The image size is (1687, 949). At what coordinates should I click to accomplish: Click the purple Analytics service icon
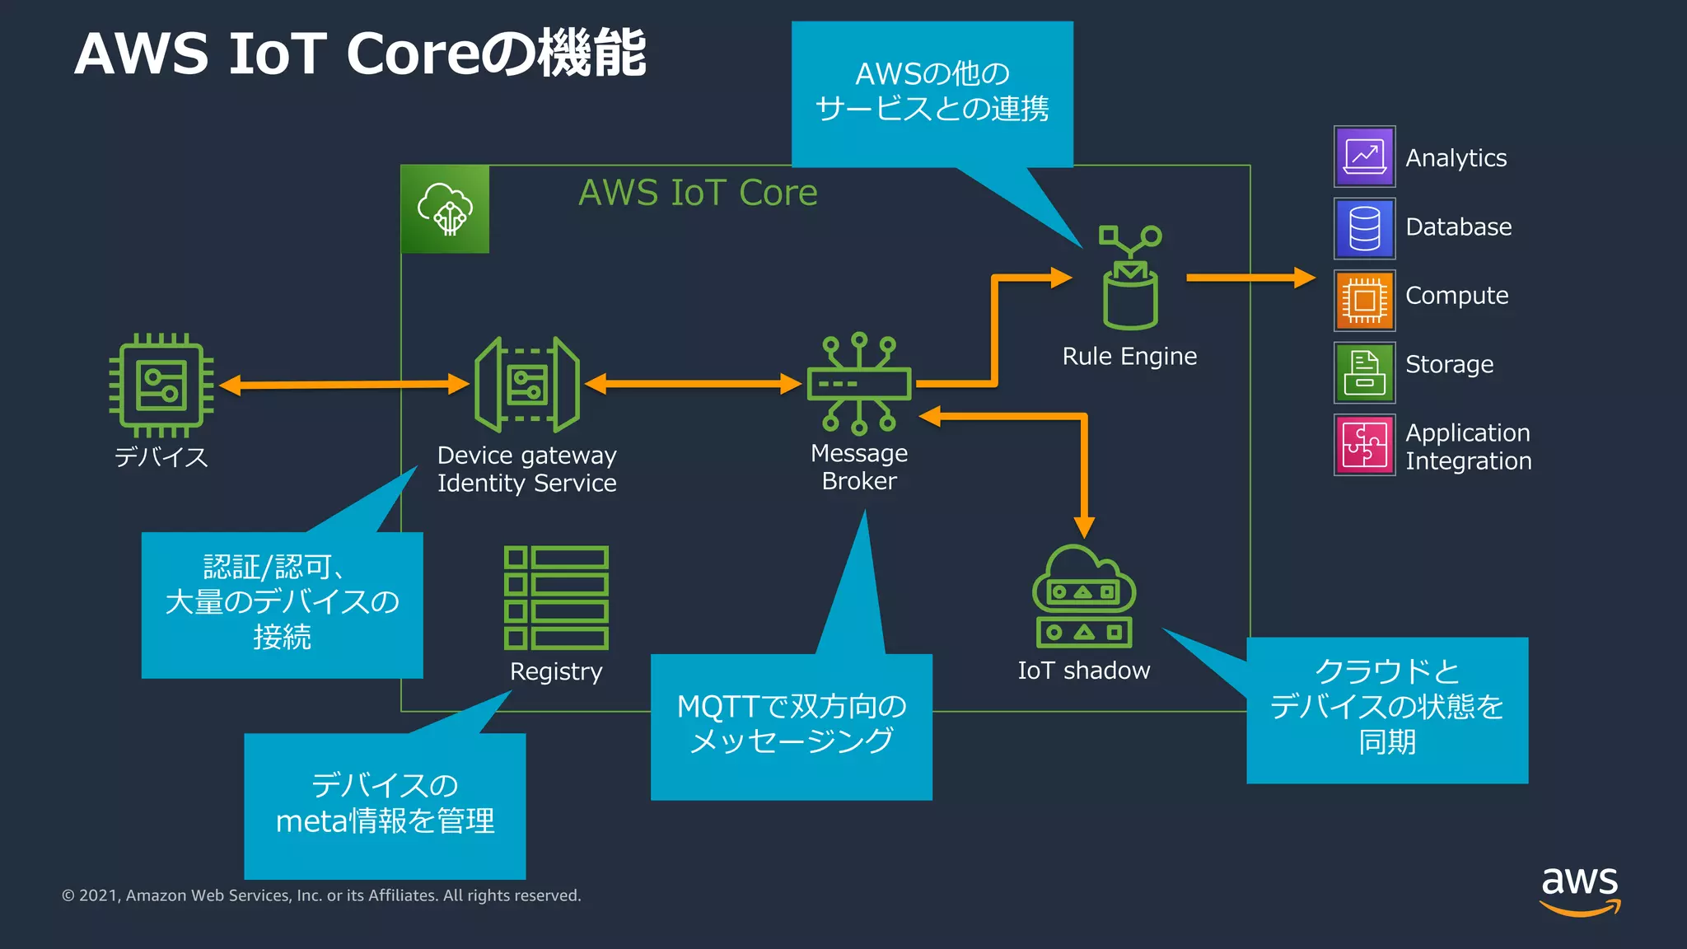(x=1364, y=157)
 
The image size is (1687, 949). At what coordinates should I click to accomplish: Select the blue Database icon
(x=1364, y=228)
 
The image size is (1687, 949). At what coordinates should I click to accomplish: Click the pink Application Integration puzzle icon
(x=1364, y=444)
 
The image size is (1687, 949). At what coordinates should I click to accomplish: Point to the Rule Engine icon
(x=1130, y=279)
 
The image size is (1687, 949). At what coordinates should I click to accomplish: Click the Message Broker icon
(x=859, y=384)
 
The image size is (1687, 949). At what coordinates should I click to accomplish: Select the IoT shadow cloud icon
(x=1084, y=596)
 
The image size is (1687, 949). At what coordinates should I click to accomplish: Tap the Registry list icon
(x=556, y=597)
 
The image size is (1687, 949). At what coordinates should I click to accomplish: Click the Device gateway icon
(x=526, y=384)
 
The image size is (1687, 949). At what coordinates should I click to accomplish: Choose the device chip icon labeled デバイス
(x=161, y=385)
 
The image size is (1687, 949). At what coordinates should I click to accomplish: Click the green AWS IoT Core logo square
(x=445, y=209)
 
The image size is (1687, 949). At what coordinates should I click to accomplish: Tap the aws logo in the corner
(x=1579, y=890)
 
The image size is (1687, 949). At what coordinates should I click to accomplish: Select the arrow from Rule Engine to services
(x=1250, y=278)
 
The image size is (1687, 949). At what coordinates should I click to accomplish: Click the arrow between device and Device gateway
(x=343, y=385)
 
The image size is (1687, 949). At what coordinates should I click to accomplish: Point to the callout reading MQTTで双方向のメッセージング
(x=791, y=725)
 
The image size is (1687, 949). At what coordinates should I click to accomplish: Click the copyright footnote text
(x=321, y=895)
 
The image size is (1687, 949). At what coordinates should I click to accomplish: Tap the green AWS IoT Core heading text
(x=698, y=193)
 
